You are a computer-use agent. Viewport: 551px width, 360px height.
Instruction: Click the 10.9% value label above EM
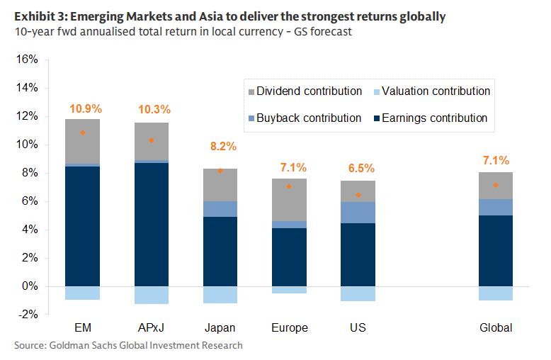[x=86, y=109]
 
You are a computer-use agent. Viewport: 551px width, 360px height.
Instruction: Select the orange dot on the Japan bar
[x=220, y=171]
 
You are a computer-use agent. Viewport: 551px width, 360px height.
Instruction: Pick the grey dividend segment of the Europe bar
[x=289, y=200]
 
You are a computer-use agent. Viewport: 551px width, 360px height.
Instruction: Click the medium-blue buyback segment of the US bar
[x=358, y=213]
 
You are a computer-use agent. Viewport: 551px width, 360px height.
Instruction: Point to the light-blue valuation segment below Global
[x=495, y=293]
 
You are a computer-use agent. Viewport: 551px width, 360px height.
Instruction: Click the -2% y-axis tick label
[x=26, y=315]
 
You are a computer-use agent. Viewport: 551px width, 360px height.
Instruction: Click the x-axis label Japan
[x=220, y=328]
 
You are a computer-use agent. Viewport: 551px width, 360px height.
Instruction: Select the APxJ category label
[x=152, y=328]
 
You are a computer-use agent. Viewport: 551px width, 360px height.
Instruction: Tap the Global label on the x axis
[x=495, y=328]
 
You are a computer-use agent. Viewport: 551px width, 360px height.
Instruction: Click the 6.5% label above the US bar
[x=360, y=169]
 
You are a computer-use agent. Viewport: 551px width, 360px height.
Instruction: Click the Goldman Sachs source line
[x=128, y=345]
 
